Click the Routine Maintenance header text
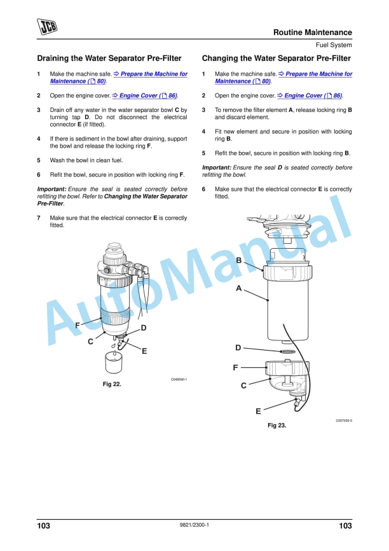point(312,32)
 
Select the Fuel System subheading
point(333,45)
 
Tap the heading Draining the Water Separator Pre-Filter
point(109,59)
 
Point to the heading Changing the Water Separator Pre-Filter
point(276,59)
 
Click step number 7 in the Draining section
point(39,218)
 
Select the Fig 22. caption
point(112,384)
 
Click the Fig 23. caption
point(276,426)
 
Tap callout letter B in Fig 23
point(239,260)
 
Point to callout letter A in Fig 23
point(239,288)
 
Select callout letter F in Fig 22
point(77,325)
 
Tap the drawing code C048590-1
point(179,380)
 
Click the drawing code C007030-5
point(344,421)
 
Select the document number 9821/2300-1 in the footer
point(194,525)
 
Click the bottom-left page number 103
point(44,526)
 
